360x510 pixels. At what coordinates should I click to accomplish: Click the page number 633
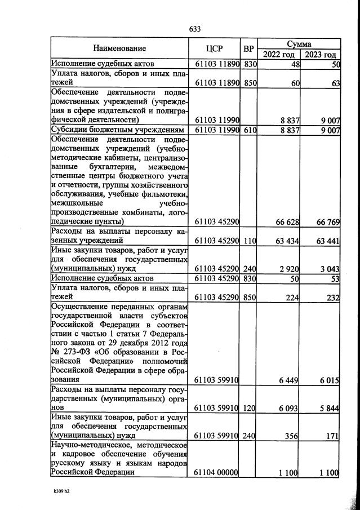click(x=195, y=29)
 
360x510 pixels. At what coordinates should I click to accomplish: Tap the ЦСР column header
click(x=217, y=48)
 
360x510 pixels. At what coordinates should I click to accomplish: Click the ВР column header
click(x=249, y=48)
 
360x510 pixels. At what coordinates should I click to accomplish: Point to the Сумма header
click(x=299, y=43)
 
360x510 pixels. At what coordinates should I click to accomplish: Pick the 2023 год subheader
click(x=320, y=55)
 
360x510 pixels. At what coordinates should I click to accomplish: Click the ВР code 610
click(x=250, y=131)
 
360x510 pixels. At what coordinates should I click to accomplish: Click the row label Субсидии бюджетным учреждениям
click(x=118, y=131)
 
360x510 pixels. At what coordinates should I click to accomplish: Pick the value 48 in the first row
click(x=294, y=64)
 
